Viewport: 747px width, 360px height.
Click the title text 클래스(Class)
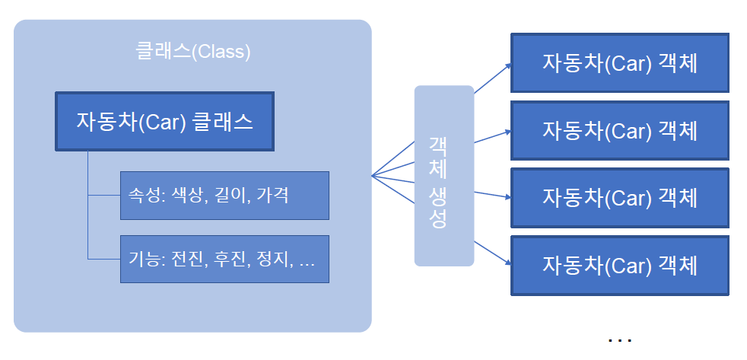[192, 53]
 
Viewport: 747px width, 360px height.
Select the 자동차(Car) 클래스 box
[164, 122]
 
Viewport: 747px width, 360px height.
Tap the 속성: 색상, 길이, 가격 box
[224, 195]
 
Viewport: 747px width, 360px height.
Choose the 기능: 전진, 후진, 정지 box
[224, 259]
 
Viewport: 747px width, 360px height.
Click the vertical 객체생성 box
[443, 176]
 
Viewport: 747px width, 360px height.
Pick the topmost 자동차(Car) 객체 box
[619, 62]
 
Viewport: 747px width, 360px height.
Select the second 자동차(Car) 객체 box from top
[619, 130]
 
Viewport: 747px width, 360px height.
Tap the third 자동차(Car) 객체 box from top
[619, 197]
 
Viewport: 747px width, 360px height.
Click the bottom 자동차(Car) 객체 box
[619, 265]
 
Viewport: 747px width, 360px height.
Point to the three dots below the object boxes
[620, 340]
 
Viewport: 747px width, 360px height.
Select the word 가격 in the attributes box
[272, 196]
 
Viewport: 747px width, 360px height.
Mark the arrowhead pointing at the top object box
[508, 65]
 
